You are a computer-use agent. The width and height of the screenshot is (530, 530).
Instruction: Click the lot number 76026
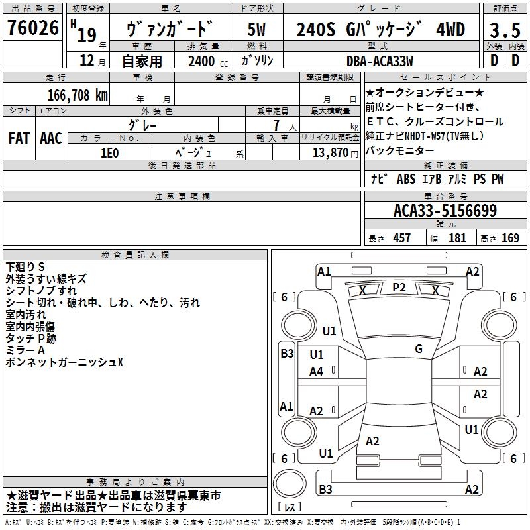pyautogui.click(x=32, y=29)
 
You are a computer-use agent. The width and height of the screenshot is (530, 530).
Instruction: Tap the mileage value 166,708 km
pyautogui.click(x=78, y=95)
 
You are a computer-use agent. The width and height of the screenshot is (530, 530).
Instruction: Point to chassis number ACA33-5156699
pyautogui.click(x=445, y=211)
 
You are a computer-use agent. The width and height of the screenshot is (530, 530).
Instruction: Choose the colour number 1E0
pyautogui.click(x=109, y=152)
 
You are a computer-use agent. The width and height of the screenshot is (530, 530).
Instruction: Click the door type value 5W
pyautogui.click(x=258, y=29)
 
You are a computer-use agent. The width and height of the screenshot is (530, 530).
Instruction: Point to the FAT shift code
pyautogui.click(x=19, y=138)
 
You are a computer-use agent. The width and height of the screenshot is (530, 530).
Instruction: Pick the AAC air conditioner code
pyautogui.click(x=51, y=138)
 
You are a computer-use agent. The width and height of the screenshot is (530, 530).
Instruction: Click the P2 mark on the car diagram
pyautogui.click(x=399, y=287)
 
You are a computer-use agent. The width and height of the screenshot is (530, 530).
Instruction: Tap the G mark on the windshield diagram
pyautogui.click(x=419, y=349)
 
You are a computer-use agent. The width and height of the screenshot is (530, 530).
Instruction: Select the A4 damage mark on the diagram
pyautogui.click(x=316, y=372)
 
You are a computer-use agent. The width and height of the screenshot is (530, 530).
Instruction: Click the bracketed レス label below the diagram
pyautogui.click(x=290, y=507)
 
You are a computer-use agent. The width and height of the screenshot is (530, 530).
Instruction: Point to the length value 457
pyautogui.click(x=401, y=238)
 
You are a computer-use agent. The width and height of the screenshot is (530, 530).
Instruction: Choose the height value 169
pyautogui.click(x=510, y=238)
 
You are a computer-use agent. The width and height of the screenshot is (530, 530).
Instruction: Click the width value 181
pyautogui.click(x=457, y=238)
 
